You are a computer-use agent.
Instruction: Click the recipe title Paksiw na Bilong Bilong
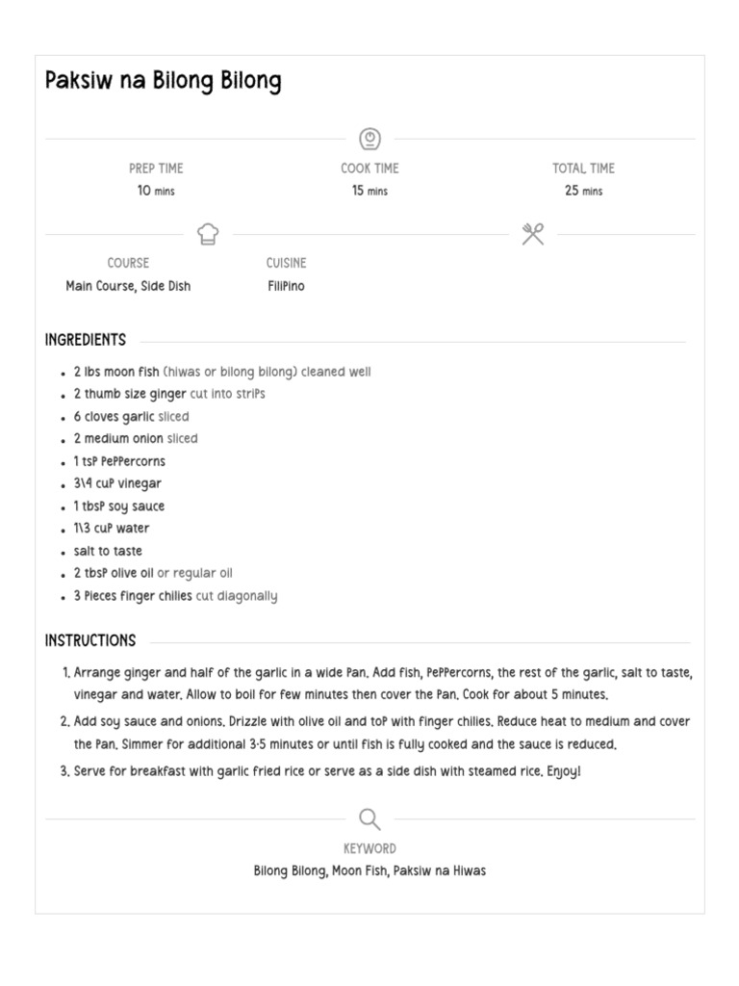[163, 81]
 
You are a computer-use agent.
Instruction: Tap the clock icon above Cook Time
[369, 139]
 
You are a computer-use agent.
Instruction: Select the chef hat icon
[208, 234]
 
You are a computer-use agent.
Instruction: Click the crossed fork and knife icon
[533, 234]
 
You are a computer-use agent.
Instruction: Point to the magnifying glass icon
[369, 819]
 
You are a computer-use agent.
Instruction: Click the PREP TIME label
[156, 169]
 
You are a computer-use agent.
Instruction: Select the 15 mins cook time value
[369, 191]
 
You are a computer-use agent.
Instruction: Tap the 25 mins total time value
[583, 191]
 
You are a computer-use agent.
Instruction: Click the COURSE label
[128, 263]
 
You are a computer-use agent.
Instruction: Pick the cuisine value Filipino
[286, 286]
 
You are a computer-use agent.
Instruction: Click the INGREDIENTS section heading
[86, 340]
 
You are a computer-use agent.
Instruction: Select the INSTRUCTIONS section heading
[90, 640]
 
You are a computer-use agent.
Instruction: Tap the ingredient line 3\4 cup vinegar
[117, 483]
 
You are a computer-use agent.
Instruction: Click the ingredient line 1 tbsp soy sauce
[119, 506]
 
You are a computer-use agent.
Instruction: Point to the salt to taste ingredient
[108, 551]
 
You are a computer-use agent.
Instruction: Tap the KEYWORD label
[369, 848]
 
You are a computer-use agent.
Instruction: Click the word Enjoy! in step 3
[564, 772]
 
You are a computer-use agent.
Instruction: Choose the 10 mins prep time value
[156, 191]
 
